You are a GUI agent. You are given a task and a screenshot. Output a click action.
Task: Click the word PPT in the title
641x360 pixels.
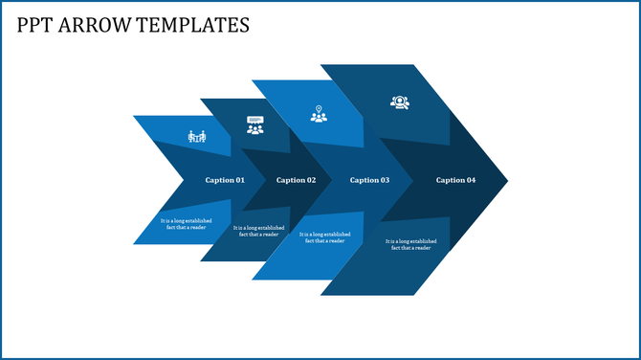pyautogui.click(x=35, y=25)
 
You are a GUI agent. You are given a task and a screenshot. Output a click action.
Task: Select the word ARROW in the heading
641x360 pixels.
pyautogui.click(x=96, y=25)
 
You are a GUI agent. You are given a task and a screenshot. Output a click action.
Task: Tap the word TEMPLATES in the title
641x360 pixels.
pyautogui.click(x=194, y=25)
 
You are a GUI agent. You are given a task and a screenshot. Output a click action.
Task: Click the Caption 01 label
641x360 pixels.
pyautogui.click(x=225, y=180)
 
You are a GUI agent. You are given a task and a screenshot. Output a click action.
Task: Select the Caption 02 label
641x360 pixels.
pyautogui.click(x=296, y=180)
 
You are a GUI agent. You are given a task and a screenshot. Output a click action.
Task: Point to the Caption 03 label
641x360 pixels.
pyautogui.click(x=369, y=180)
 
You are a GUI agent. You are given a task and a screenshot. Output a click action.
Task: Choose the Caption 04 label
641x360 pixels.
pyautogui.click(x=455, y=180)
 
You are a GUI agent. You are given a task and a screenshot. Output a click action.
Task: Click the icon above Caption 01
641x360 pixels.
pyautogui.click(x=197, y=137)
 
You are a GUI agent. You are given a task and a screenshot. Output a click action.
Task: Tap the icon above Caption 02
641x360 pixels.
pyautogui.click(x=254, y=125)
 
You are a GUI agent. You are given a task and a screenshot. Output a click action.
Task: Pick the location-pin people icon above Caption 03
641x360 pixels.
pyautogui.click(x=319, y=113)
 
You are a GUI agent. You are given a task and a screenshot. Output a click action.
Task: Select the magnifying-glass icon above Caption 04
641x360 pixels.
pyautogui.click(x=399, y=101)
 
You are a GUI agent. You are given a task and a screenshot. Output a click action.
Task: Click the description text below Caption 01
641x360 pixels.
pyautogui.click(x=185, y=224)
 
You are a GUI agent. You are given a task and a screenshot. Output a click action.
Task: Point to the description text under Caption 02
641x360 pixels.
pyautogui.click(x=257, y=231)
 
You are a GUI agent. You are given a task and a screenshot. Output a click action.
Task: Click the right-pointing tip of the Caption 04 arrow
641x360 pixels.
pyautogui.click(x=505, y=180)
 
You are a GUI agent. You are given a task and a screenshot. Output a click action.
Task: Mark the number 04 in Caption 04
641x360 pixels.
pyautogui.click(x=470, y=180)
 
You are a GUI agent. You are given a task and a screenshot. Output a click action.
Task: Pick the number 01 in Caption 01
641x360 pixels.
pyautogui.click(x=239, y=180)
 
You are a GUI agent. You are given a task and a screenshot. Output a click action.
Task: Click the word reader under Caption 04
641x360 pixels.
pyautogui.click(x=421, y=248)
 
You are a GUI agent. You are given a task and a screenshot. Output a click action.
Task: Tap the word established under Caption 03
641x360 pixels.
pyautogui.click(x=337, y=234)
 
